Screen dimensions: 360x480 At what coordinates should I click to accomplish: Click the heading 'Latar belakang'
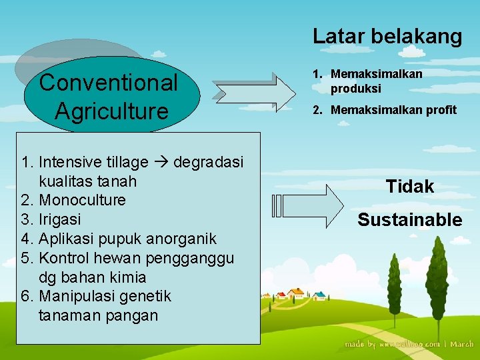(x=387, y=36)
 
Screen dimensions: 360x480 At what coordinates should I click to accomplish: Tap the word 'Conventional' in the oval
(x=109, y=83)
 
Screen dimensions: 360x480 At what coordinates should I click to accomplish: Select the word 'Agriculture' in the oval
(x=111, y=111)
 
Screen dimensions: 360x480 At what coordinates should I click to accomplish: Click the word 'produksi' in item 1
(x=355, y=88)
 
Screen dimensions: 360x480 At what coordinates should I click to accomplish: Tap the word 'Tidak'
(x=409, y=187)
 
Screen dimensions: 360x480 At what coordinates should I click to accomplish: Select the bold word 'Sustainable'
(x=409, y=219)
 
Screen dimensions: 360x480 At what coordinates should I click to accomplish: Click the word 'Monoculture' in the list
(x=82, y=200)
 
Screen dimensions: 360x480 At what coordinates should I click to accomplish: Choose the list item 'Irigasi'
(x=60, y=219)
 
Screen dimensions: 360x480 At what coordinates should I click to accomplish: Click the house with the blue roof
(x=320, y=295)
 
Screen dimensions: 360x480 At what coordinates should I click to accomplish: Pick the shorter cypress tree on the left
(x=393, y=280)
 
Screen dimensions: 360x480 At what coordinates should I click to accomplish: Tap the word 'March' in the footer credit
(x=462, y=344)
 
